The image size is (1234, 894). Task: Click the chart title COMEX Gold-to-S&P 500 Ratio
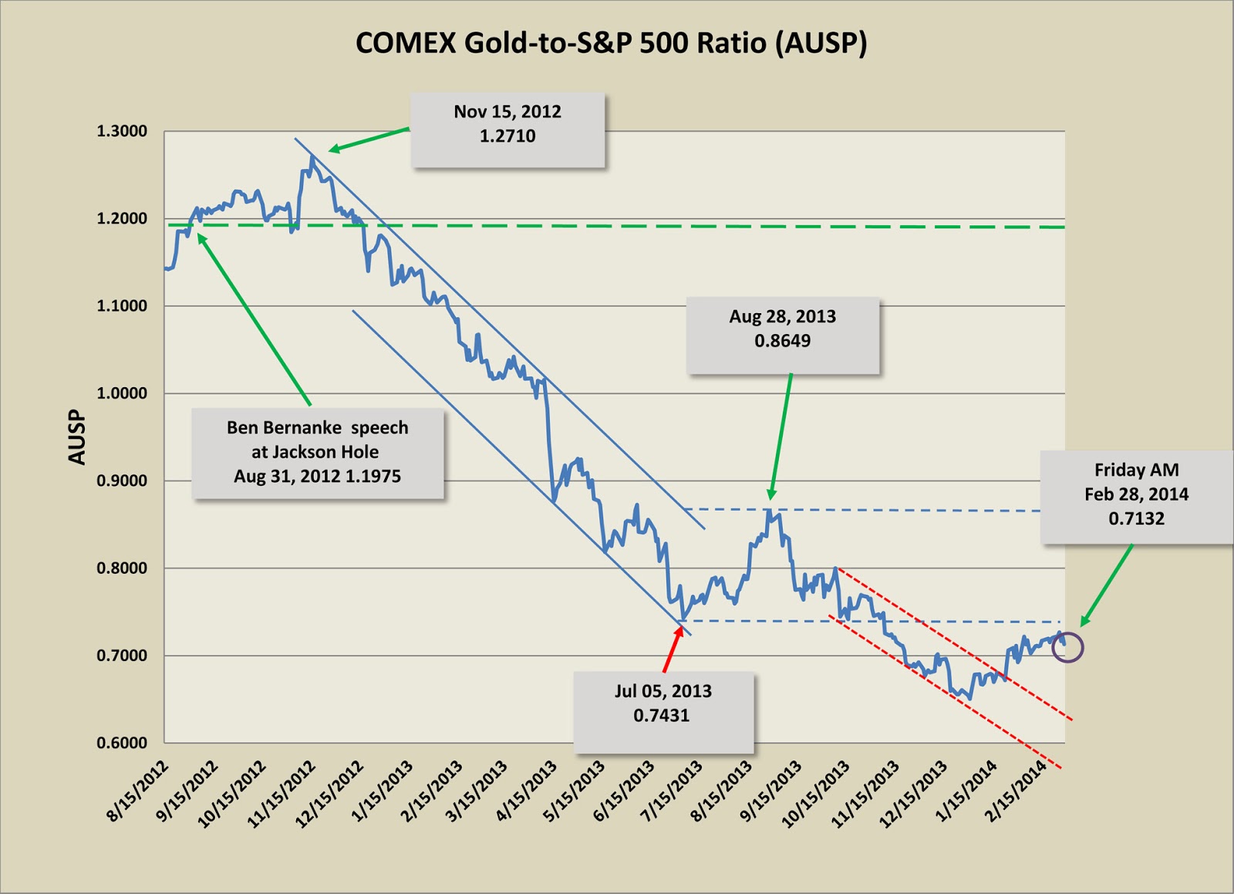pos(611,43)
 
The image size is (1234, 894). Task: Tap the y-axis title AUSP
pos(77,437)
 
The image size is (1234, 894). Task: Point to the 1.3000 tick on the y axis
pos(122,131)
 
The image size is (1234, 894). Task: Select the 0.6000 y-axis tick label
pos(122,743)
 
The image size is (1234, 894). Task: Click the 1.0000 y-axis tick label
pos(122,393)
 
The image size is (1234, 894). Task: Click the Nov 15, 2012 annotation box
pos(507,130)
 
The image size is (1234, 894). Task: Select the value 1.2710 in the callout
pos(507,137)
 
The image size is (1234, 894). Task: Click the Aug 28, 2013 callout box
pos(783,336)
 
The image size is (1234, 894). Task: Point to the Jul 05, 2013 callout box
pos(663,711)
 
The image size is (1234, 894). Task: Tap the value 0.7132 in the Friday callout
pos(1136,518)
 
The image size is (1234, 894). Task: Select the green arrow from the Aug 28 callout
pos(781,437)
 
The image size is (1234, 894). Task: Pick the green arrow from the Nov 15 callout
pos(369,140)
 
